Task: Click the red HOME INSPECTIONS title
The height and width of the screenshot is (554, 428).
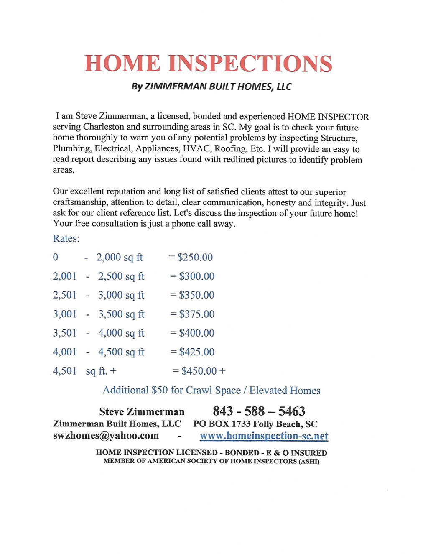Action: pyautogui.click(x=208, y=63)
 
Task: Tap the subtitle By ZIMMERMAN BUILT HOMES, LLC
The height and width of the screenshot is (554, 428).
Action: pyautogui.click(x=211, y=87)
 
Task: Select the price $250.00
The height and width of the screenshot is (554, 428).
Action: pyautogui.click(x=195, y=257)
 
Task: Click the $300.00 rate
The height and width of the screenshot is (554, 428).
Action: pyautogui.click(x=197, y=276)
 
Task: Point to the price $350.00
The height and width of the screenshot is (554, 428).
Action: pyautogui.click(x=197, y=295)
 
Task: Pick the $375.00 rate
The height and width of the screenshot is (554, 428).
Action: pyautogui.click(x=197, y=314)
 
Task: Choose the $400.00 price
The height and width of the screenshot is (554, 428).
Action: pyautogui.click(x=197, y=333)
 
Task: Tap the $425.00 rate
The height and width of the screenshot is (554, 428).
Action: pyautogui.click(x=197, y=352)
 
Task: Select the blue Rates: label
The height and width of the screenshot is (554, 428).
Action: pyautogui.click(x=66, y=238)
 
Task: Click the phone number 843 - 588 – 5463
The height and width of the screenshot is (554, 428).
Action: pyautogui.click(x=259, y=411)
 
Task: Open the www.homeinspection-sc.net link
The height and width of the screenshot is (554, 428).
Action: pyautogui.click(x=264, y=436)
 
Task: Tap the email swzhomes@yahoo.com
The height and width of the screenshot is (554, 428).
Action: pyautogui.click(x=106, y=436)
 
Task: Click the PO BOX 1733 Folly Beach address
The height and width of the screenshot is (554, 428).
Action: pyautogui.click(x=255, y=424)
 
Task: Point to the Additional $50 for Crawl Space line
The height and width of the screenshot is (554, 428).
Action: pyautogui.click(x=211, y=390)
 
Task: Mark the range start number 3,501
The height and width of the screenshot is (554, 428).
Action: pyautogui.click(x=65, y=333)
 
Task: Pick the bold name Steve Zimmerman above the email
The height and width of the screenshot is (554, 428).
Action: pyautogui.click(x=142, y=411)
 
